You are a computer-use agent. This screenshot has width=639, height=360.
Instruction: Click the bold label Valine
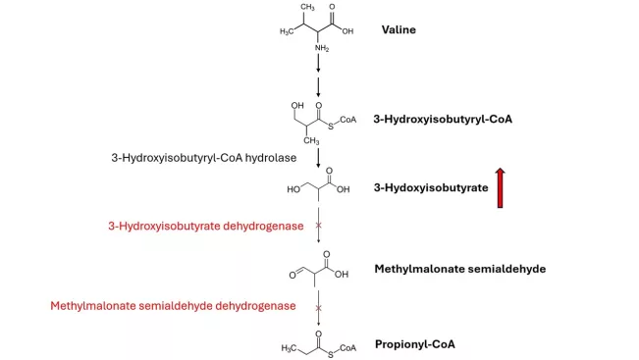click(399, 29)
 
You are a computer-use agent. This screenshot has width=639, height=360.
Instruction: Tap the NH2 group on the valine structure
click(321, 46)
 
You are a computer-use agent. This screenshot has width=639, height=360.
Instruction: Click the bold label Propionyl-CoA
click(414, 344)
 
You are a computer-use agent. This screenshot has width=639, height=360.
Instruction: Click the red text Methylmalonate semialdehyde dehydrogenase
click(173, 306)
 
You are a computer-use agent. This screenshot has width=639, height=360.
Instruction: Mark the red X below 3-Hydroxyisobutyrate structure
click(318, 227)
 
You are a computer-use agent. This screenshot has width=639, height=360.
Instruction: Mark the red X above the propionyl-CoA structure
click(318, 307)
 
